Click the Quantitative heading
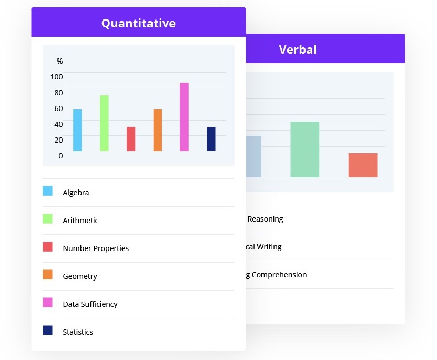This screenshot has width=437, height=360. pyautogui.click(x=138, y=23)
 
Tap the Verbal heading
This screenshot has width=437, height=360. pyautogui.click(x=298, y=49)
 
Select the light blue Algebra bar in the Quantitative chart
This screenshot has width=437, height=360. pyautogui.click(x=77, y=130)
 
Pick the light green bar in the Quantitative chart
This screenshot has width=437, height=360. pyautogui.click(x=104, y=123)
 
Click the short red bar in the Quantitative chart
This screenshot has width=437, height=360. pyautogui.click(x=131, y=139)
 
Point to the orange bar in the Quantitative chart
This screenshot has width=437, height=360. pyautogui.click(x=158, y=130)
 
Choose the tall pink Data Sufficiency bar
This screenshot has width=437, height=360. pyautogui.click(x=184, y=117)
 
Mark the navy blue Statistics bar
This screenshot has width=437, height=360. pyautogui.click(x=211, y=139)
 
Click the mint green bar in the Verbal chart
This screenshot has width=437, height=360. pyautogui.click(x=304, y=149)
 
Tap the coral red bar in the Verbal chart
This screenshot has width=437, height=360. pyautogui.click(x=363, y=165)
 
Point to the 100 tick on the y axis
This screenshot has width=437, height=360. pyautogui.click(x=56, y=77)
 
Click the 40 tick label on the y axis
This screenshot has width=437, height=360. pyautogui.click(x=58, y=124)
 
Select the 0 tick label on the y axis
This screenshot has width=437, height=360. pyautogui.click(x=60, y=156)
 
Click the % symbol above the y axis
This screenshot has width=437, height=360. pyautogui.click(x=59, y=62)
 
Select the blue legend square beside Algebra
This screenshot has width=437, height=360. pyautogui.click(x=47, y=191)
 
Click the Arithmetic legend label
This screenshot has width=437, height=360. pyautogui.click(x=80, y=221)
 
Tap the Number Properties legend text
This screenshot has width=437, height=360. pyautogui.click(x=96, y=248)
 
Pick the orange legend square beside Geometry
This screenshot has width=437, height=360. pyautogui.click(x=47, y=275)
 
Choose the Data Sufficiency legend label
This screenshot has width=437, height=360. pyautogui.click(x=90, y=304)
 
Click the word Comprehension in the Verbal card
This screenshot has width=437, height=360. pyautogui.click(x=279, y=275)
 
